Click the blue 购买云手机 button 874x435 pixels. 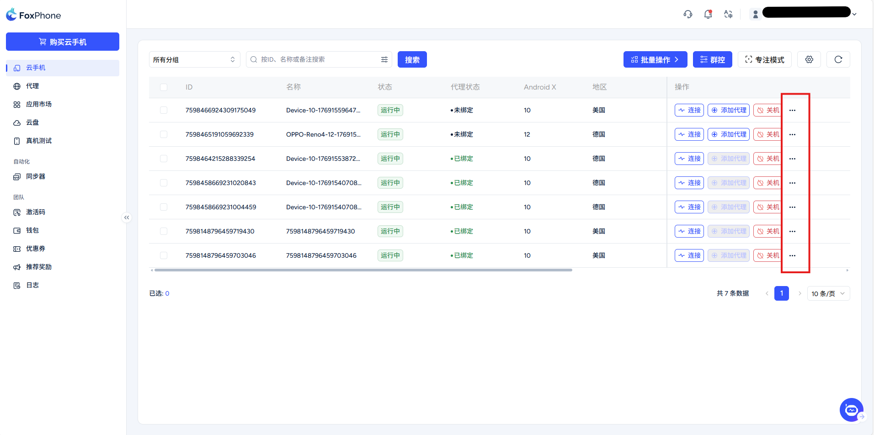[x=63, y=42]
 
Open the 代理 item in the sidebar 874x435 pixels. [x=32, y=86]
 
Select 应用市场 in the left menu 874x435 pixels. [x=38, y=104]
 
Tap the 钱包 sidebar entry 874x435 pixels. [x=32, y=230]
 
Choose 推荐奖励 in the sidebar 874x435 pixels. [x=38, y=267]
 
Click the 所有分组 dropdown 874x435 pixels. [x=194, y=59]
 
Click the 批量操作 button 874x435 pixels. [x=655, y=59]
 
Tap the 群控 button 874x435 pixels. [x=712, y=59]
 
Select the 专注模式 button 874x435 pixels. [x=764, y=59]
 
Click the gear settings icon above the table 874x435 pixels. [x=809, y=59]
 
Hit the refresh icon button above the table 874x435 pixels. [x=838, y=59]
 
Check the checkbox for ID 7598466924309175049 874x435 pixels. [x=164, y=110]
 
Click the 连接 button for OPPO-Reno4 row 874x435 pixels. [x=689, y=134]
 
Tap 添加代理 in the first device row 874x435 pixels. [x=728, y=110]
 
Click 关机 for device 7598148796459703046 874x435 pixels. [x=768, y=255]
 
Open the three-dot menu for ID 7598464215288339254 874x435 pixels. [x=792, y=159]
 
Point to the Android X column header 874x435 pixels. [x=540, y=87]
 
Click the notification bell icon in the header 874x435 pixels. [x=708, y=14]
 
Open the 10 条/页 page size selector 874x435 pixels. [x=828, y=293]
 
